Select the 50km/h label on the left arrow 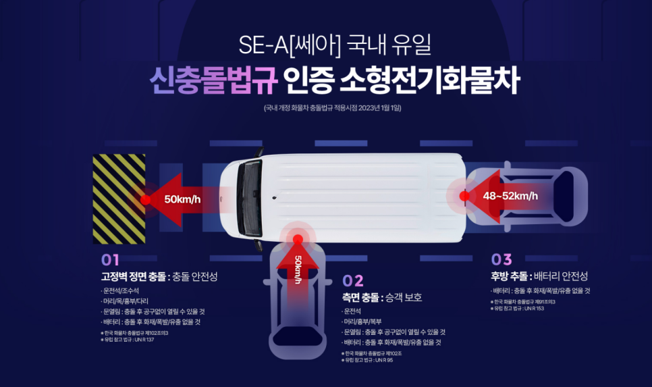click(x=182, y=199)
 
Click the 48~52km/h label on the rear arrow click(x=510, y=196)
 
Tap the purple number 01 click(x=110, y=259)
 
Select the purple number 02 click(x=353, y=280)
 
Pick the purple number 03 click(x=501, y=259)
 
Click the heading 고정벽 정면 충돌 click(x=133, y=276)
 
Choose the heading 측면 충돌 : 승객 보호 click(x=382, y=297)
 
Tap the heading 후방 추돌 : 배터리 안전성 click(x=539, y=276)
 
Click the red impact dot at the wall click(x=145, y=199)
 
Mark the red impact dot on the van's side click(x=298, y=239)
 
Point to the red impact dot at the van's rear click(x=464, y=196)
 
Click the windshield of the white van click(x=250, y=196)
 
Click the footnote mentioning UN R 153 click(x=519, y=308)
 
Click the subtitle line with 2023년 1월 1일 click(x=333, y=107)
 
